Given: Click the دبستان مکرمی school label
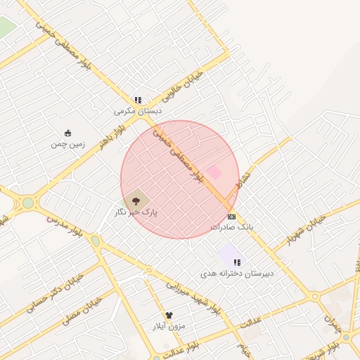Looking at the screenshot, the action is coord(138,111).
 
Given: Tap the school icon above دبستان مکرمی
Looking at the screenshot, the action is coord(138,101).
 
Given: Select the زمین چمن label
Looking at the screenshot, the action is coord(67,144).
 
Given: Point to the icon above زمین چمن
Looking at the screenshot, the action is coord(67,134).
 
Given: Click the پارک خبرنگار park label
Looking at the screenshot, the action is coord(136,212).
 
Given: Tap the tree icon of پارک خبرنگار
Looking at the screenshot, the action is coord(136,201).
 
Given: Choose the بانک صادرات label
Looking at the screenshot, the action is coord(231,227).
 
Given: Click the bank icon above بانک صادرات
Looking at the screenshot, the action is coord(231,217).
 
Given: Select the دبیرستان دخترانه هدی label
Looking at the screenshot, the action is coord(237,273).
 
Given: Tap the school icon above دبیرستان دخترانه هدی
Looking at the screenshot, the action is coord(237,262).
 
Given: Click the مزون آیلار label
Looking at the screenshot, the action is coord(169,326).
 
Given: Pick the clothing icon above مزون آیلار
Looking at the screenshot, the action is coord(169,316).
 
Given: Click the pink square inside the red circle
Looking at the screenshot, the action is coord(214,172).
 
